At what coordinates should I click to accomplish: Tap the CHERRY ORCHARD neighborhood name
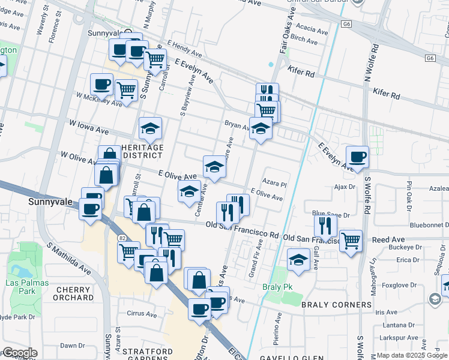(x=74, y=293)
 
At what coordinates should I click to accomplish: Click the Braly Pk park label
(x=280, y=287)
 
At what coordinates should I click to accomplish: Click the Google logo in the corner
(x=19, y=353)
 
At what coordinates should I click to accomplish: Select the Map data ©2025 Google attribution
(x=412, y=355)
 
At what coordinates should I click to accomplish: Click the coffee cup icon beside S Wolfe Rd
(x=357, y=157)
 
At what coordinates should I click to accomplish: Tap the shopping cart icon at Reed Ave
(x=351, y=241)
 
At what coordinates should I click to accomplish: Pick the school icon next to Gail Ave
(x=298, y=259)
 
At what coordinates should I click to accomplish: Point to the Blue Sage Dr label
(x=330, y=214)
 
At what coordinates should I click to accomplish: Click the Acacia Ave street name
(x=312, y=30)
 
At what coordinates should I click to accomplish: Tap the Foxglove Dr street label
(x=405, y=285)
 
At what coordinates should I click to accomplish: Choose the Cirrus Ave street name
(x=142, y=314)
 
